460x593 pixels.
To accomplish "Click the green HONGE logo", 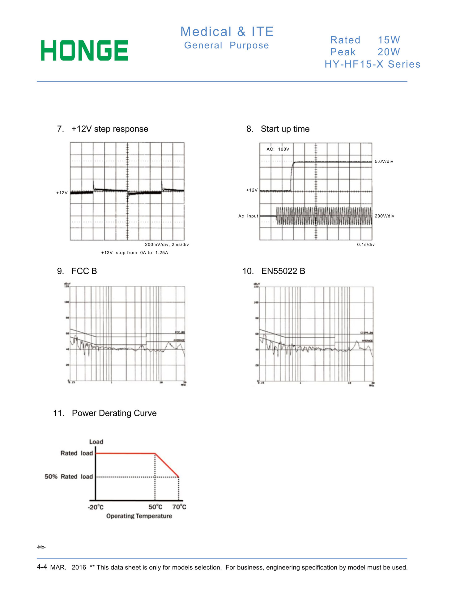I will (84, 50).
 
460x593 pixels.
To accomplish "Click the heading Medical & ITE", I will (227, 32).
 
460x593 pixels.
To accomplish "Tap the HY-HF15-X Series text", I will (372, 64).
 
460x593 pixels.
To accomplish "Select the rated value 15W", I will (389, 40).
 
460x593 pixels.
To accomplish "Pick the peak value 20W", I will (389, 52).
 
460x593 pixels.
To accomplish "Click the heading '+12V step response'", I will (110, 129).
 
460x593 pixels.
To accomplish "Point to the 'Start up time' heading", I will (285, 129).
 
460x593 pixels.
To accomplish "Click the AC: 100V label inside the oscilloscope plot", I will (278, 149).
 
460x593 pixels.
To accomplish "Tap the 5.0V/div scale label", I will (384, 162).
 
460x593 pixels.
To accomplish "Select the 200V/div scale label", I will (384, 216).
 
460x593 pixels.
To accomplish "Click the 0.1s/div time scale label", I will (366, 245).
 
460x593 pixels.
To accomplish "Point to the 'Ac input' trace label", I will (248, 216).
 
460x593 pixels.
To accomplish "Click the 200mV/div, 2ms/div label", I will (167, 245).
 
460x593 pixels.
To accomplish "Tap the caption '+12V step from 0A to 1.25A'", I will (134, 253).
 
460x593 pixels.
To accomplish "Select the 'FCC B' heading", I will (84, 271).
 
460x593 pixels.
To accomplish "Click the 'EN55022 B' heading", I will (283, 271).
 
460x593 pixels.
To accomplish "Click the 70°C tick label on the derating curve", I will (179, 507).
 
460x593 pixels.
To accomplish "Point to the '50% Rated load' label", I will (69, 477).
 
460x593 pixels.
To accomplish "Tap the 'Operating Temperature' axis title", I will (139, 516).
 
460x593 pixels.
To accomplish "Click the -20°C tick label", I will (96, 507).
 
